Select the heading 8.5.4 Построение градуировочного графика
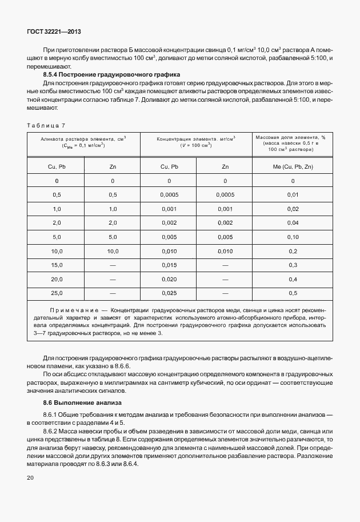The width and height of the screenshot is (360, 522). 111,75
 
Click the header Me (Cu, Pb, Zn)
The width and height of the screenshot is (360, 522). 293,166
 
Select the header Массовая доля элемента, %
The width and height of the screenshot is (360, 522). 290,138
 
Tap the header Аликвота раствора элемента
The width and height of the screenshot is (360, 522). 83,138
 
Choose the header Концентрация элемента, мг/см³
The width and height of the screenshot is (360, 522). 196,138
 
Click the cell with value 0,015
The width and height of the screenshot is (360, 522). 169,265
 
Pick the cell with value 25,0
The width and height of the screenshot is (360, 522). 57,293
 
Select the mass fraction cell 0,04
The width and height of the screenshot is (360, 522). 293,222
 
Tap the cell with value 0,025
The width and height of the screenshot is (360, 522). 169,293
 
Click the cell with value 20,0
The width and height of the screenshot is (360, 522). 57,279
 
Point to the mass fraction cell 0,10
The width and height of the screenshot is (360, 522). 293,237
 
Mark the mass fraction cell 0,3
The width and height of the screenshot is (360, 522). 293,265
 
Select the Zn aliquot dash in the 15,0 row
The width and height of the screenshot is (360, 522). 113,265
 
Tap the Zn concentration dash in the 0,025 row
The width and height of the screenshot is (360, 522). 225,293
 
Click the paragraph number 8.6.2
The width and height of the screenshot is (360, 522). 53,429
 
